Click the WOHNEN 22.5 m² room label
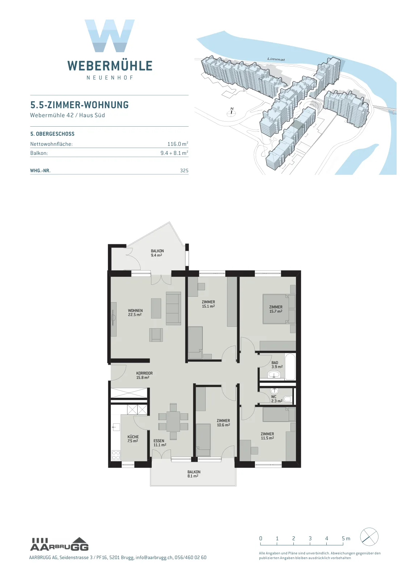[x=135, y=313]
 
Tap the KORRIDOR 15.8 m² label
[x=144, y=375]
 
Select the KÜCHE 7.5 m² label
[x=133, y=439]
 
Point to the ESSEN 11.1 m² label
[x=159, y=443]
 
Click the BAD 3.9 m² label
[x=277, y=365]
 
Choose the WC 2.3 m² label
[x=276, y=399]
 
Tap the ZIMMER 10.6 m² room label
[x=223, y=423]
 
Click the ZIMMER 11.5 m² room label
[x=267, y=436]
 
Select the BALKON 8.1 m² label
[x=194, y=474]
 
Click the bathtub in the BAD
[x=290, y=367]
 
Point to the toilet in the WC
[x=288, y=399]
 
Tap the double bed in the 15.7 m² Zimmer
[x=279, y=309]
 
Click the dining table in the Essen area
[x=173, y=422]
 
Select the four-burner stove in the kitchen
[x=116, y=455]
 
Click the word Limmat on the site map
[x=276, y=59]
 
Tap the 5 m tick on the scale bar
[x=343, y=544]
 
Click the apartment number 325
[x=184, y=170]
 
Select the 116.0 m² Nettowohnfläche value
[x=178, y=144]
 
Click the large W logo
[x=110, y=36]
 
